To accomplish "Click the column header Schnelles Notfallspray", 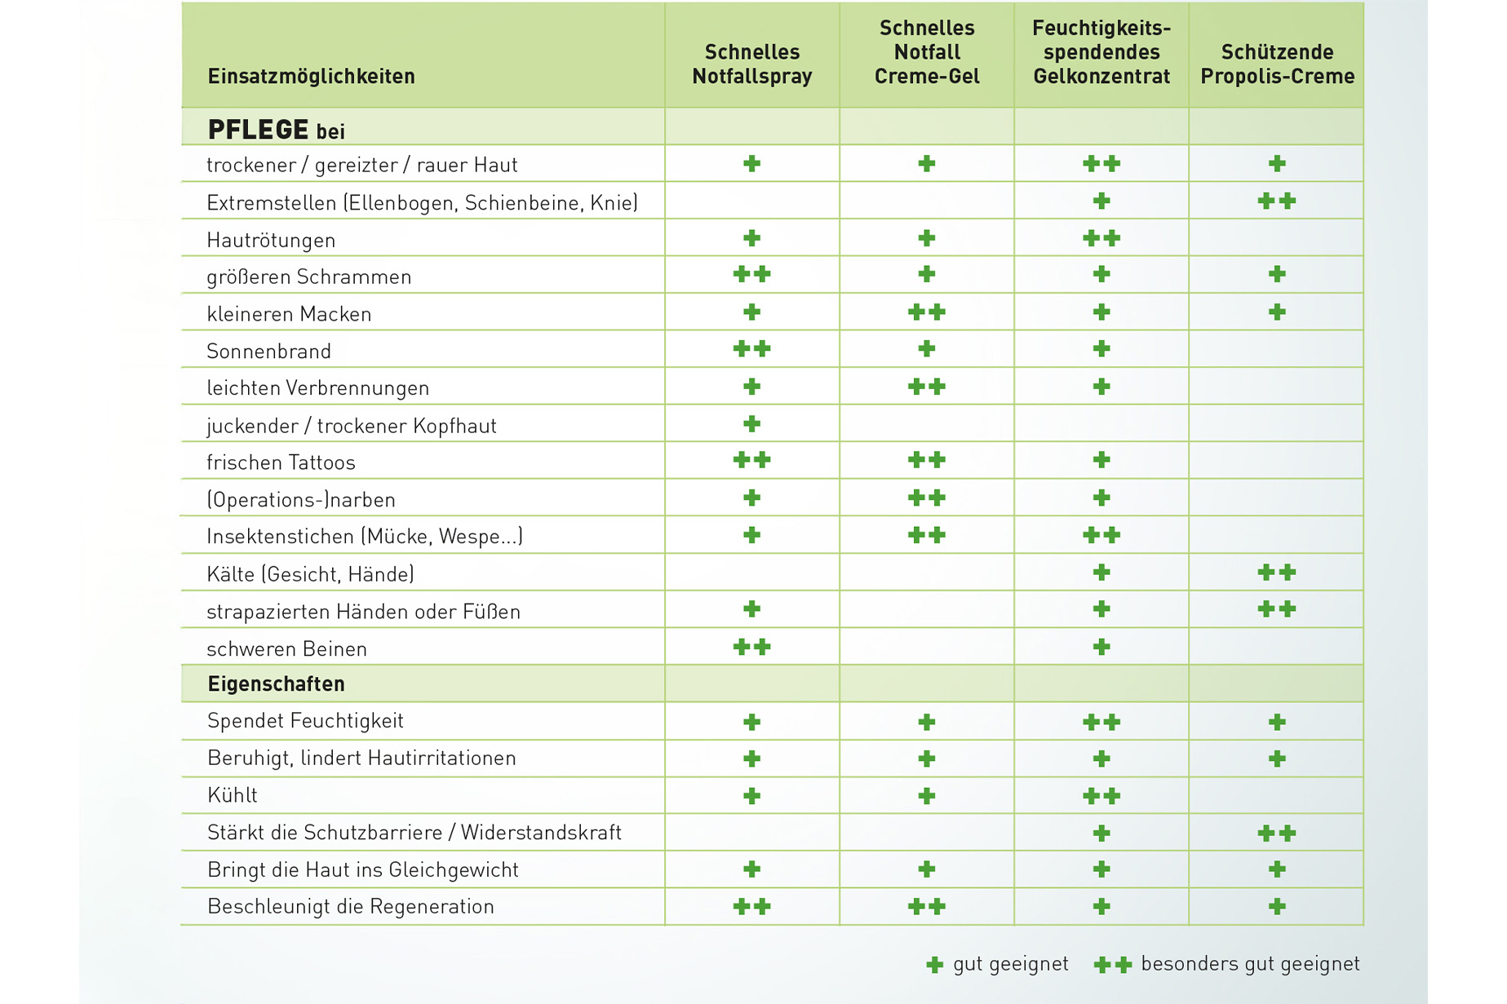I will (x=751, y=64).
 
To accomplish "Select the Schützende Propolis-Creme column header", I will (x=1277, y=64).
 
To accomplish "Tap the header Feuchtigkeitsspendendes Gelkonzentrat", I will (x=1101, y=52).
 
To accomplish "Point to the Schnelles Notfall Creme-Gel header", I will (x=926, y=52).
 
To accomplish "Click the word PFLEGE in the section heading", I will (x=258, y=130).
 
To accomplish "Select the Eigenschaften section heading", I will (x=276, y=683).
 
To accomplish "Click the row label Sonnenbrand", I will (x=268, y=352).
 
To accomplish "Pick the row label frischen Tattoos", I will (x=281, y=462).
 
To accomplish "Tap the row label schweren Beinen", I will (x=286, y=649).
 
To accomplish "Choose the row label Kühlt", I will (x=232, y=795).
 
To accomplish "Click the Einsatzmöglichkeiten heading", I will (x=311, y=77).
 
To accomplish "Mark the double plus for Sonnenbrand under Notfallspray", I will (x=751, y=349).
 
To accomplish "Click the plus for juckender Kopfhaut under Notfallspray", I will (x=751, y=423).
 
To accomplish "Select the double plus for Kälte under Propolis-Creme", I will (x=1277, y=573).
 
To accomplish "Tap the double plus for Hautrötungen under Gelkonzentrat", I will (x=1101, y=238).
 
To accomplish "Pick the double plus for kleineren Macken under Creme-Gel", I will (x=926, y=312).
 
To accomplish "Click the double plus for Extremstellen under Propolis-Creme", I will (x=1277, y=201).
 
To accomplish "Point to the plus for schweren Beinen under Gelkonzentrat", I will (x=1101, y=647).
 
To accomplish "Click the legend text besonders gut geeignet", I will (x=1250, y=964).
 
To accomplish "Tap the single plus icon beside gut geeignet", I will (x=934, y=966).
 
